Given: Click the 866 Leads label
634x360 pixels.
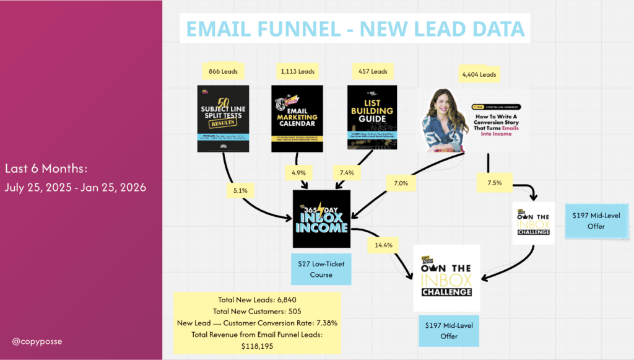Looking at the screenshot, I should click(x=224, y=71).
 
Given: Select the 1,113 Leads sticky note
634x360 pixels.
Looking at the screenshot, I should click(x=298, y=71).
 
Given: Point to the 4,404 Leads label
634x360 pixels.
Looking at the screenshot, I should click(x=479, y=74).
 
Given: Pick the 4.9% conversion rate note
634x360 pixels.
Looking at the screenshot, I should click(x=298, y=170).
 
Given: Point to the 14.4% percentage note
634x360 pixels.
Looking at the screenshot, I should click(x=383, y=245).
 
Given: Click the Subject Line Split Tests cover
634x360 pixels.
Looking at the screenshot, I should click(x=223, y=118).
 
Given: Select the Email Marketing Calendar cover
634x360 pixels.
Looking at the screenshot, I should click(x=297, y=118).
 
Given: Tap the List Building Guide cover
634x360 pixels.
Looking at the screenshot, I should click(x=372, y=118).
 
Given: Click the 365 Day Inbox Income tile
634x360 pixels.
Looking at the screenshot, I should click(x=321, y=219).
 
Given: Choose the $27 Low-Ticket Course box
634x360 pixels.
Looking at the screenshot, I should click(x=321, y=269).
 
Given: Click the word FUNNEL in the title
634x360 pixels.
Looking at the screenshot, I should click(x=310, y=29).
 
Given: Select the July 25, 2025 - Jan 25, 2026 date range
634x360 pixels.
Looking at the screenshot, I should click(x=75, y=187).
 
